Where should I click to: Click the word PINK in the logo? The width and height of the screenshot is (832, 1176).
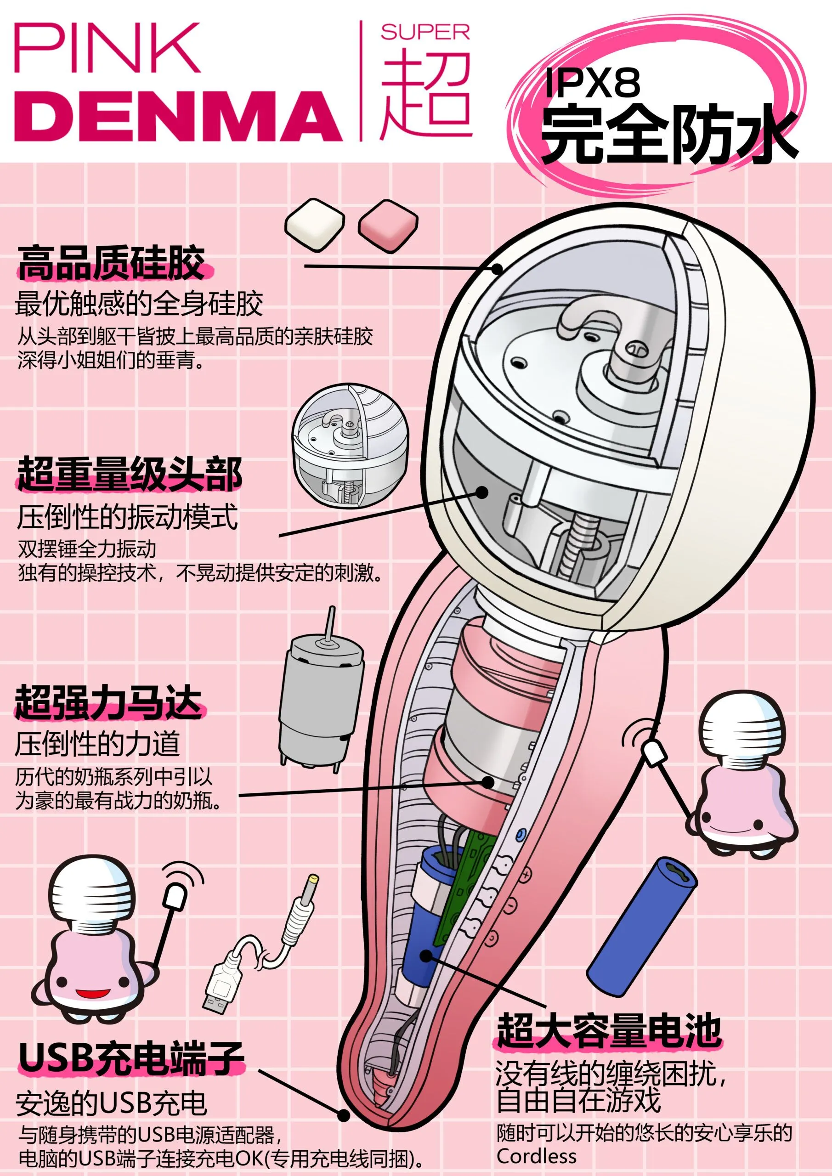tap(106, 49)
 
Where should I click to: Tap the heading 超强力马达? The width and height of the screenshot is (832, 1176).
tap(108, 702)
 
